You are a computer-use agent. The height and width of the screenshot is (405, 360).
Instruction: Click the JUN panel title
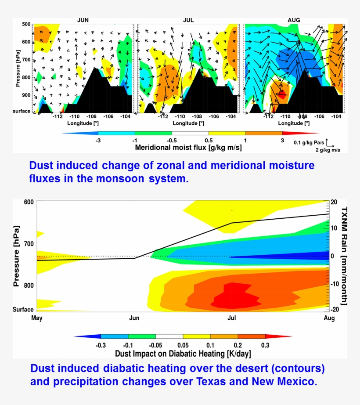point(82,20)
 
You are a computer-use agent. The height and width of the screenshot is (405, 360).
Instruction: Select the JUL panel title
point(188,20)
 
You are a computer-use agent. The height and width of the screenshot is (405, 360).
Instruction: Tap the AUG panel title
point(294,20)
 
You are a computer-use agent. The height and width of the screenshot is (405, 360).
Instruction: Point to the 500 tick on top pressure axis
point(25,24)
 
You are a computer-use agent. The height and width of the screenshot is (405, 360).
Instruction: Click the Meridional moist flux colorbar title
point(188,147)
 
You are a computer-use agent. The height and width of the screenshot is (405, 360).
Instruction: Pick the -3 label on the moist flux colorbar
point(99,140)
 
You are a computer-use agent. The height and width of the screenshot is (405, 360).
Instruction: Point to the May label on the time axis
point(37,318)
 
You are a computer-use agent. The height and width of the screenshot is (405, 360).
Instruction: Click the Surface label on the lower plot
point(23,310)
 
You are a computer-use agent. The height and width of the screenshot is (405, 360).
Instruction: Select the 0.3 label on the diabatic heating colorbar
point(265,345)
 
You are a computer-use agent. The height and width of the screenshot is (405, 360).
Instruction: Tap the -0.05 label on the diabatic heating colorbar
point(156,345)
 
